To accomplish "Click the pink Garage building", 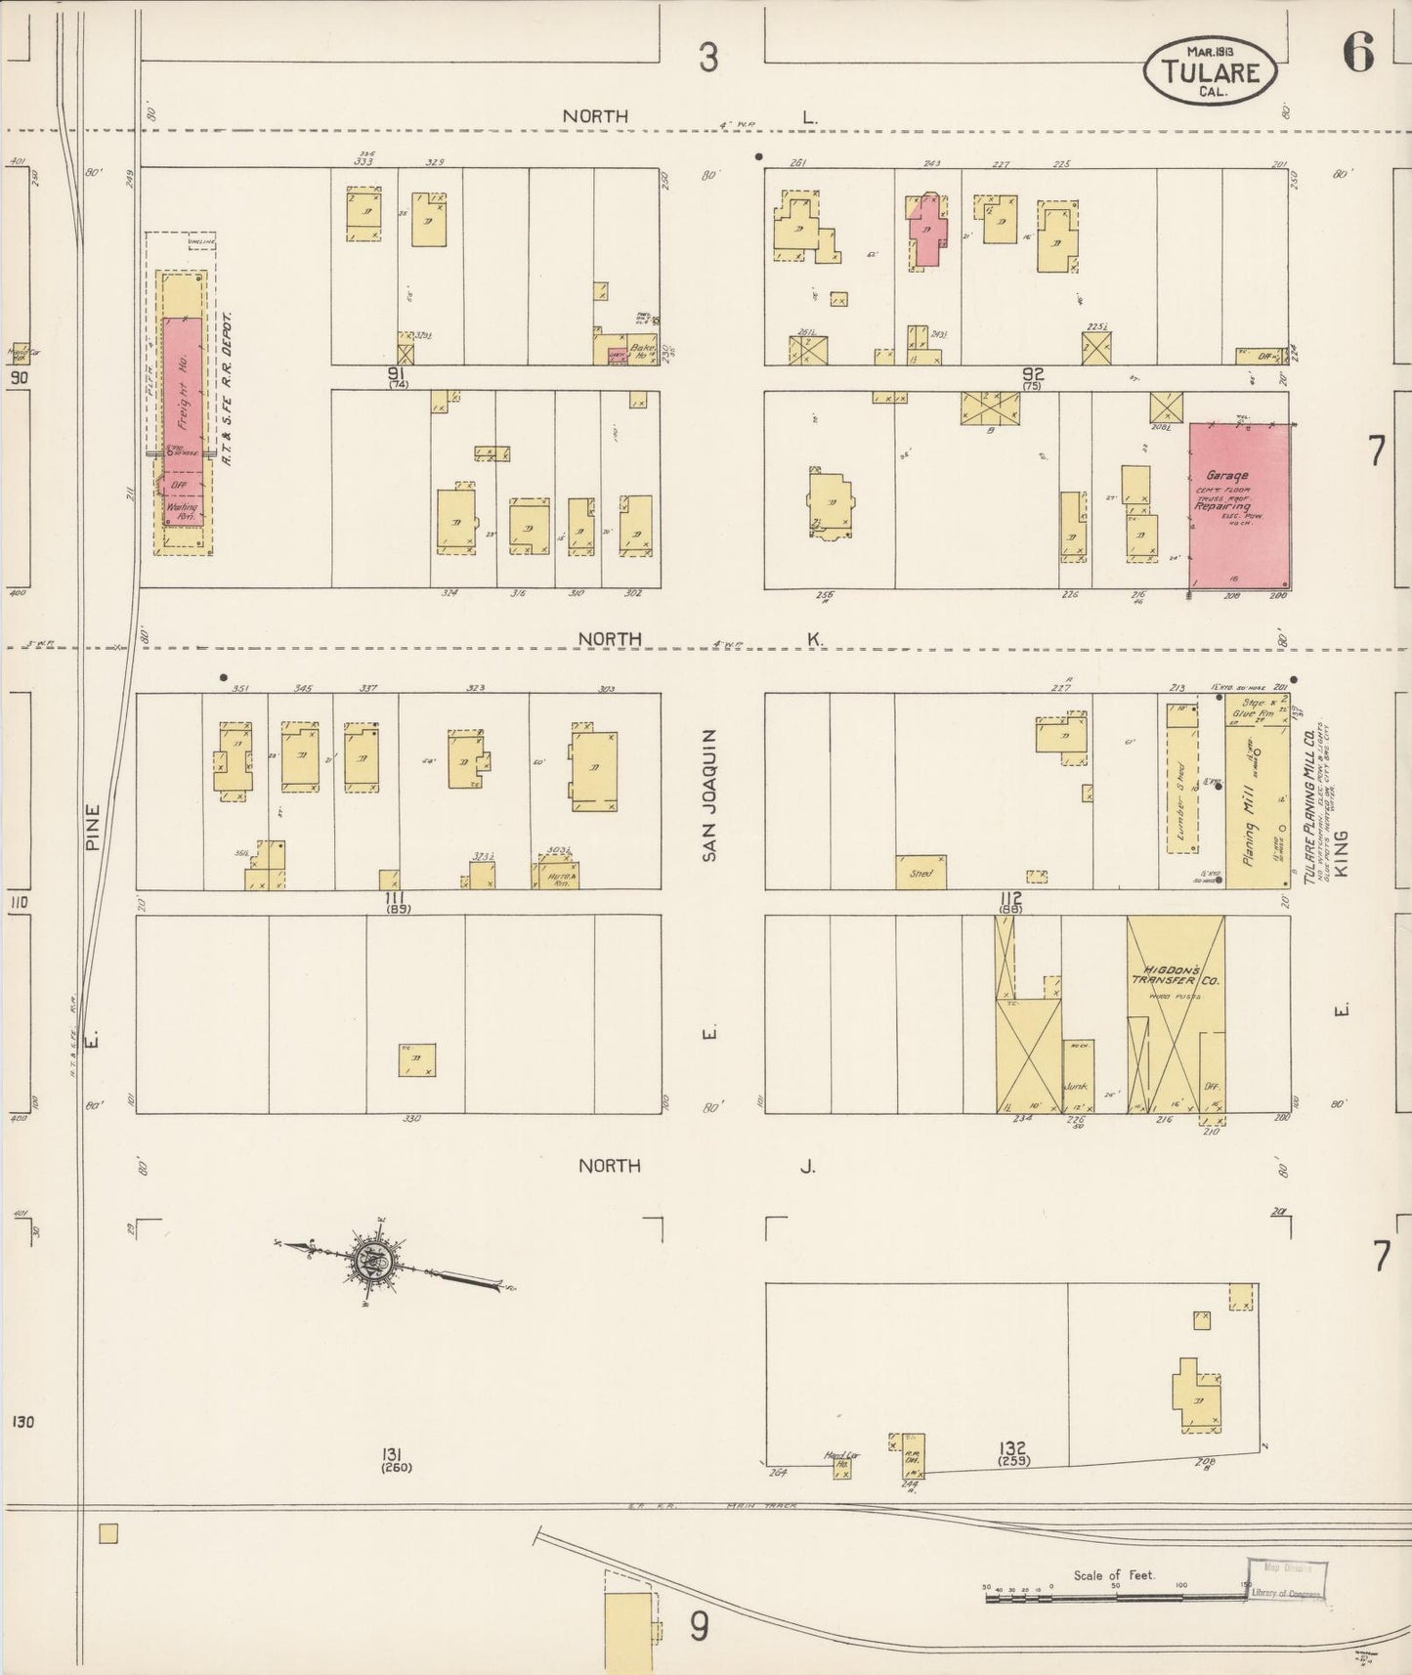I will [1239, 508].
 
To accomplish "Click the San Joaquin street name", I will [710, 795].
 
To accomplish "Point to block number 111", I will [396, 897].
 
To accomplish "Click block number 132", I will [1012, 1447].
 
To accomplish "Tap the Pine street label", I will [93, 826].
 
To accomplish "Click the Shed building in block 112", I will [921, 873].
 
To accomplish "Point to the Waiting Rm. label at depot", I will [183, 511].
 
